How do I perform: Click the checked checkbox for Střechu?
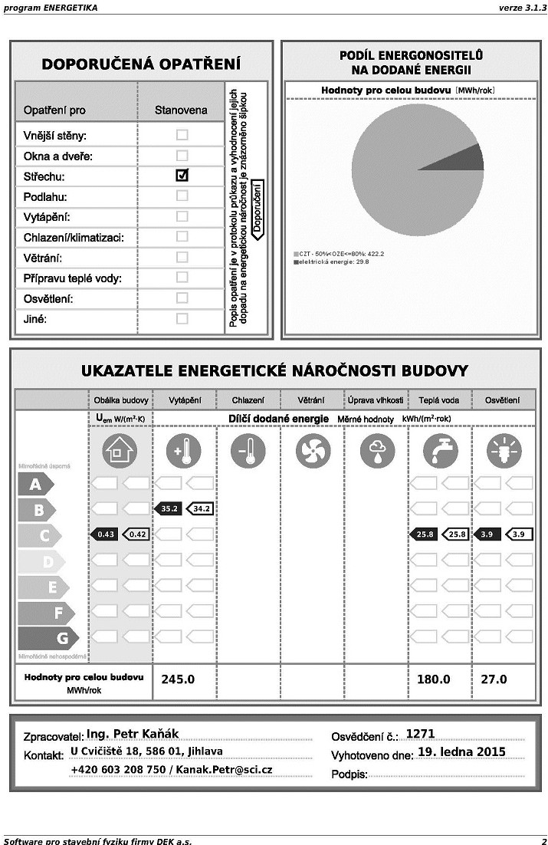182,176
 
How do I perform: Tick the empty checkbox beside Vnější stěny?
182,135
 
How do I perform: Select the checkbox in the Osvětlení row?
182,298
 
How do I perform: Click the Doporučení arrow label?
258,209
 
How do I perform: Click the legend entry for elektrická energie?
331,261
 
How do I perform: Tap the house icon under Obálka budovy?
119,451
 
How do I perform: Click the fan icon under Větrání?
312,451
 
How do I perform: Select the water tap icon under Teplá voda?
440,451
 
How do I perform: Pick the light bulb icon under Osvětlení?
504,451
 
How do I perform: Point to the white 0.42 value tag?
136,534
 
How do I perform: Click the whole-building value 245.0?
178,679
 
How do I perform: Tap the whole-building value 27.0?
494,679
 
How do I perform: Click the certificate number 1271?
420,734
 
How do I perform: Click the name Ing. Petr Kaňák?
133,734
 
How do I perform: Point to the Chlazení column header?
248,400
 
